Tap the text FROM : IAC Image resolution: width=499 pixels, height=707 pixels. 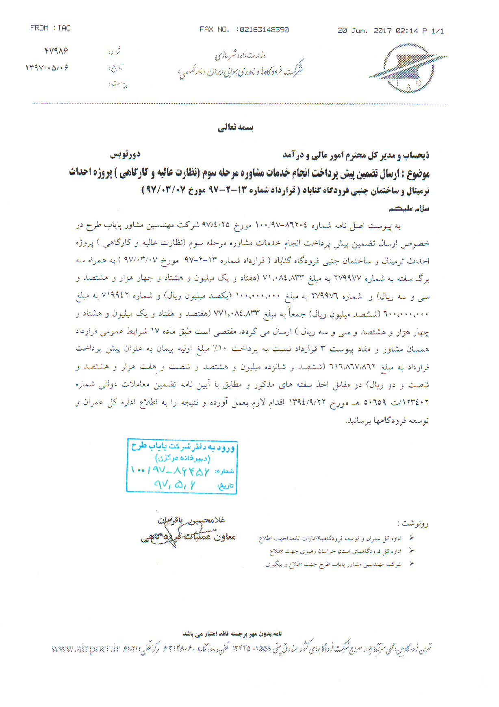pyautogui.click(x=50, y=28)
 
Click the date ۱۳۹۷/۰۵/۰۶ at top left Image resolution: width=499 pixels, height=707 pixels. pyautogui.click(x=47, y=67)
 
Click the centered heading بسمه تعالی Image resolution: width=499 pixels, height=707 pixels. pyautogui.click(x=235, y=127)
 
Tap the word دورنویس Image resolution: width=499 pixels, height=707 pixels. pyautogui.click(x=125, y=155)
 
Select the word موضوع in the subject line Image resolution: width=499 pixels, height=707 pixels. pyautogui.click(x=418, y=174)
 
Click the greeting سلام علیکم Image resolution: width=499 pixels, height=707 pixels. pyautogui.click(x=409, y=209)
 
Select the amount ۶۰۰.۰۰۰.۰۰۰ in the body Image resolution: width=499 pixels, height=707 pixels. pyautogui.click(x=406, y=314)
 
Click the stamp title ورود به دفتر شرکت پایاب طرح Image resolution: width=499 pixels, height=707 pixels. pyautogui.click(x=183, y=446)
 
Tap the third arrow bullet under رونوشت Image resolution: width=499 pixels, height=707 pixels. pyautogui.click(x=412, y=563)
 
